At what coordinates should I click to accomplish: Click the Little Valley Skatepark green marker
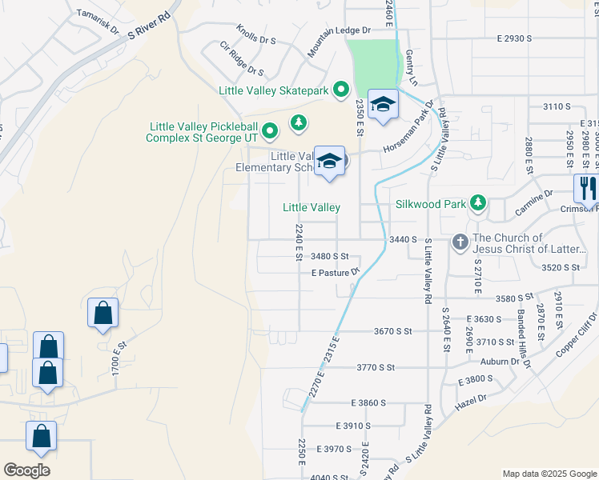pyautogui.click(x=340, y=90)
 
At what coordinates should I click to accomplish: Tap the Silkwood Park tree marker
pyautogui.click(x=478, y=203)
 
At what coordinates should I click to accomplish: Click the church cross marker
pyautogui.click(x=460, y=241)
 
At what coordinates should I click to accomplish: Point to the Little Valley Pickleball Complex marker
pyautogui.click(x=271, y=129)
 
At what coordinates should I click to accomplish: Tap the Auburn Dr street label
pyautogui.click(x=501, y=362)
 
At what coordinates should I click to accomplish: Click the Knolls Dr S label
pyautogui.click(x=256, y=39)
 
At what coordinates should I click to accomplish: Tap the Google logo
pyautogui.click(x=27, y=470)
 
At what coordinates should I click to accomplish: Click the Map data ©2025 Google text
pyautogui.click(x=548, y=474)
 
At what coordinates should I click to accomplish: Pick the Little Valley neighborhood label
pyautogui.click(x=312, y=207)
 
